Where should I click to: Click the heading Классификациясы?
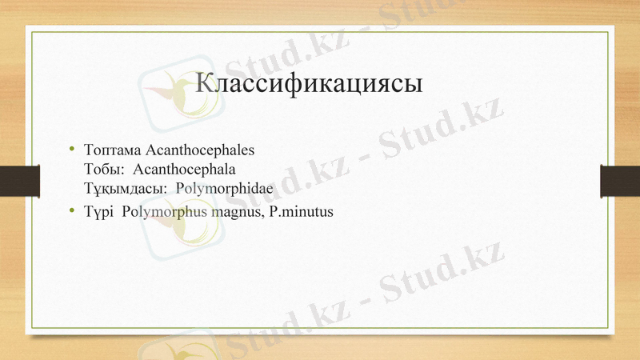[x=309, y=84]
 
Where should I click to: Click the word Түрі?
[x=98, y=212]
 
